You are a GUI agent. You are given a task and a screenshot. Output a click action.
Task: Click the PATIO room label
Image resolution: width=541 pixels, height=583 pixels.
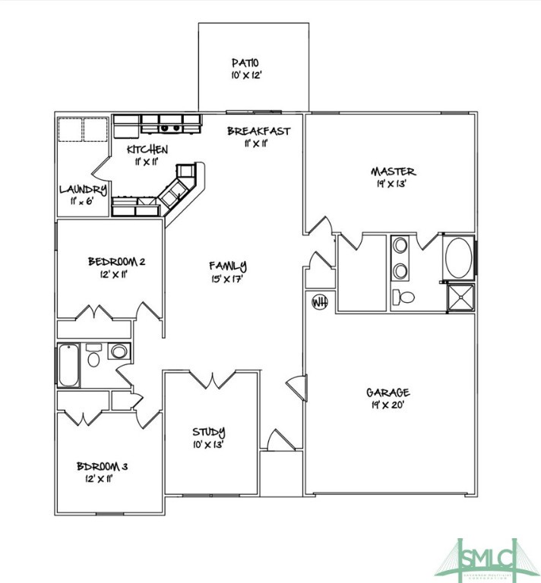246,62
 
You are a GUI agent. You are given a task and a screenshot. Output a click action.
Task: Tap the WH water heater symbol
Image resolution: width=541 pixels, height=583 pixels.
320,302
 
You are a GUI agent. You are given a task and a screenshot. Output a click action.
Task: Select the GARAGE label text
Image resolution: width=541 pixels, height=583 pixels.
388,392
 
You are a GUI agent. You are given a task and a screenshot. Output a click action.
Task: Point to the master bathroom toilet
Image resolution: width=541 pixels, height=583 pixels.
404,297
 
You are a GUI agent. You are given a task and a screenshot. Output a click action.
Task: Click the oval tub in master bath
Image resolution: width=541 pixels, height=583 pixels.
457,258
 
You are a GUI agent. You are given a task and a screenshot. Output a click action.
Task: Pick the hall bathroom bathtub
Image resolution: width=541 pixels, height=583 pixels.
68,364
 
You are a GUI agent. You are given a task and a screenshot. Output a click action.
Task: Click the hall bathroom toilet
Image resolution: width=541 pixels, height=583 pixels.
93,355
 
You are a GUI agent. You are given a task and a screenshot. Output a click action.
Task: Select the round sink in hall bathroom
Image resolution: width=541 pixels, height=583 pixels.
118,351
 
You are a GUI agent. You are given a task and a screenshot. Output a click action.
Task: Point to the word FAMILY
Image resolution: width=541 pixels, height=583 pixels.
228,266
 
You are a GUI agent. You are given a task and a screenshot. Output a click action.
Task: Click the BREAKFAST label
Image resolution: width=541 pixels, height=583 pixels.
258,131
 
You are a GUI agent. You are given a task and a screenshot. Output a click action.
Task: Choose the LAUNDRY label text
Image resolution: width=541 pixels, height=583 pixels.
83,190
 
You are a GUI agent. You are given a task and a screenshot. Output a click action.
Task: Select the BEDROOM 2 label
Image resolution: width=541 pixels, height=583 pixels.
116,262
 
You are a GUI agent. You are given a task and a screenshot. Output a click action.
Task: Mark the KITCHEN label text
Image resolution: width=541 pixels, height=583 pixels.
147,149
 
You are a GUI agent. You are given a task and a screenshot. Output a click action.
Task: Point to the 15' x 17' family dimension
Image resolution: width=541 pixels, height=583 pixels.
228,279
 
